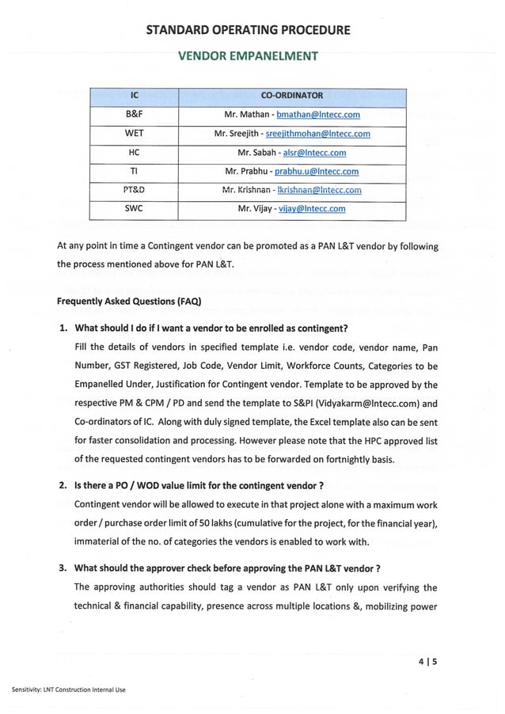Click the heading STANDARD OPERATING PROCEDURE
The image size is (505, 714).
(248, 30)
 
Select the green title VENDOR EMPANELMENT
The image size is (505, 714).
(248, 56)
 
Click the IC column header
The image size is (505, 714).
(134, 96)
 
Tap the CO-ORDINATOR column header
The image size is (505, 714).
(291, 96)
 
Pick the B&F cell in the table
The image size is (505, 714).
(134, 115)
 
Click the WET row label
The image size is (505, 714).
(134, 134)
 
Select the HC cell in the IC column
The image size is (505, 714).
(134, 153)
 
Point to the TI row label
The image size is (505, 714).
(134, 171)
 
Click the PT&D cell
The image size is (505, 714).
(134, 190)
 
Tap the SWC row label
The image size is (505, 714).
(134, 209)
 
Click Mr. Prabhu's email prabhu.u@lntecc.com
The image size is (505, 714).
(316, 171)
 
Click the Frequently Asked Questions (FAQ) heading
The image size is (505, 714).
(129, 302)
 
